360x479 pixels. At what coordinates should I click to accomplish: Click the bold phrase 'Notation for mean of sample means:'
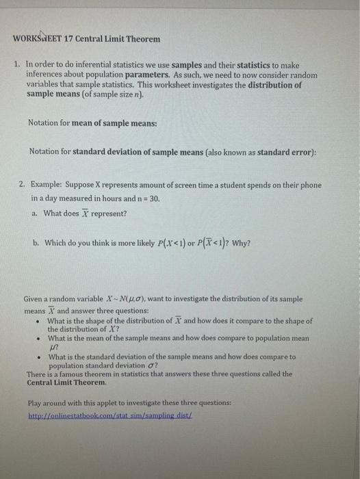(x=83, y=123)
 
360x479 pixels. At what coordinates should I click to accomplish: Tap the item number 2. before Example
(x=23, y=185)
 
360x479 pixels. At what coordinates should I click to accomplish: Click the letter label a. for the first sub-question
(x=36, y=213)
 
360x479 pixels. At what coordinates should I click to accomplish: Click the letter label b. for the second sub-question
(x=36, y=242)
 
